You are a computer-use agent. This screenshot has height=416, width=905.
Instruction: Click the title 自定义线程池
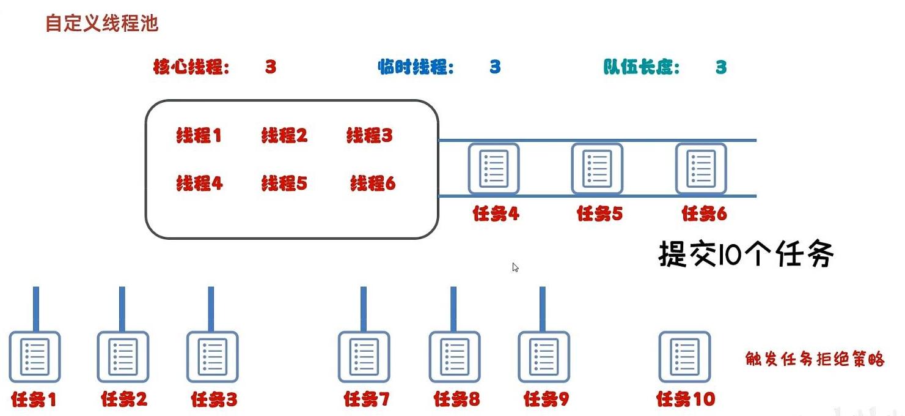(x=102, y=24)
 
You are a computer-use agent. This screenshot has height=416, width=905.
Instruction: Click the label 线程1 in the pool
(x=199, y=136)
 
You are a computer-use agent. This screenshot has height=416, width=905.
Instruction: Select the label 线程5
(x=284, y=183)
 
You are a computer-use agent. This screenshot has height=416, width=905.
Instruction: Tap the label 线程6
(x=373, y=183)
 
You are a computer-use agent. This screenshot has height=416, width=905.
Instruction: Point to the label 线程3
(x=369, y=136)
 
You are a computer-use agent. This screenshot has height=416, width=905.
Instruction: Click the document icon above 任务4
(x=493, y=168)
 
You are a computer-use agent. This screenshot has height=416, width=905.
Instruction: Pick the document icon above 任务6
(x=701, y=168)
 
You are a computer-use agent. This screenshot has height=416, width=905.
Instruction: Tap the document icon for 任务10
(x=684, y=357)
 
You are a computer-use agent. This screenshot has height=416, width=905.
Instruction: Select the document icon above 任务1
(x=34, y=357)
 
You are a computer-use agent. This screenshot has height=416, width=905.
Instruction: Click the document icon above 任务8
(x=455, y=357)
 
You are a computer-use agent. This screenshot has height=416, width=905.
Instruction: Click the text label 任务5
(x=599, y=214)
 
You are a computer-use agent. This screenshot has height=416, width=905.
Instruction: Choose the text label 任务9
(x=546, y=400)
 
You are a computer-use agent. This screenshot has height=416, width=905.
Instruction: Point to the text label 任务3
(x=214, y=400)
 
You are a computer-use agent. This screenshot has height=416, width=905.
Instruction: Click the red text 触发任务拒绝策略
(x=815, y=359)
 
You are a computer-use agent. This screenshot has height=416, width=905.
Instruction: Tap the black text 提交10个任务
(x=746, y=254)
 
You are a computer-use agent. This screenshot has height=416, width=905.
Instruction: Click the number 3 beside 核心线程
(x=271, y=67)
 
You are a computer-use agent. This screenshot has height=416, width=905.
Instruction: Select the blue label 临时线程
(x=416, y=67)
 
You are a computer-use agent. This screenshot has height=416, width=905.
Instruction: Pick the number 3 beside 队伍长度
(x=721, y=67)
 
